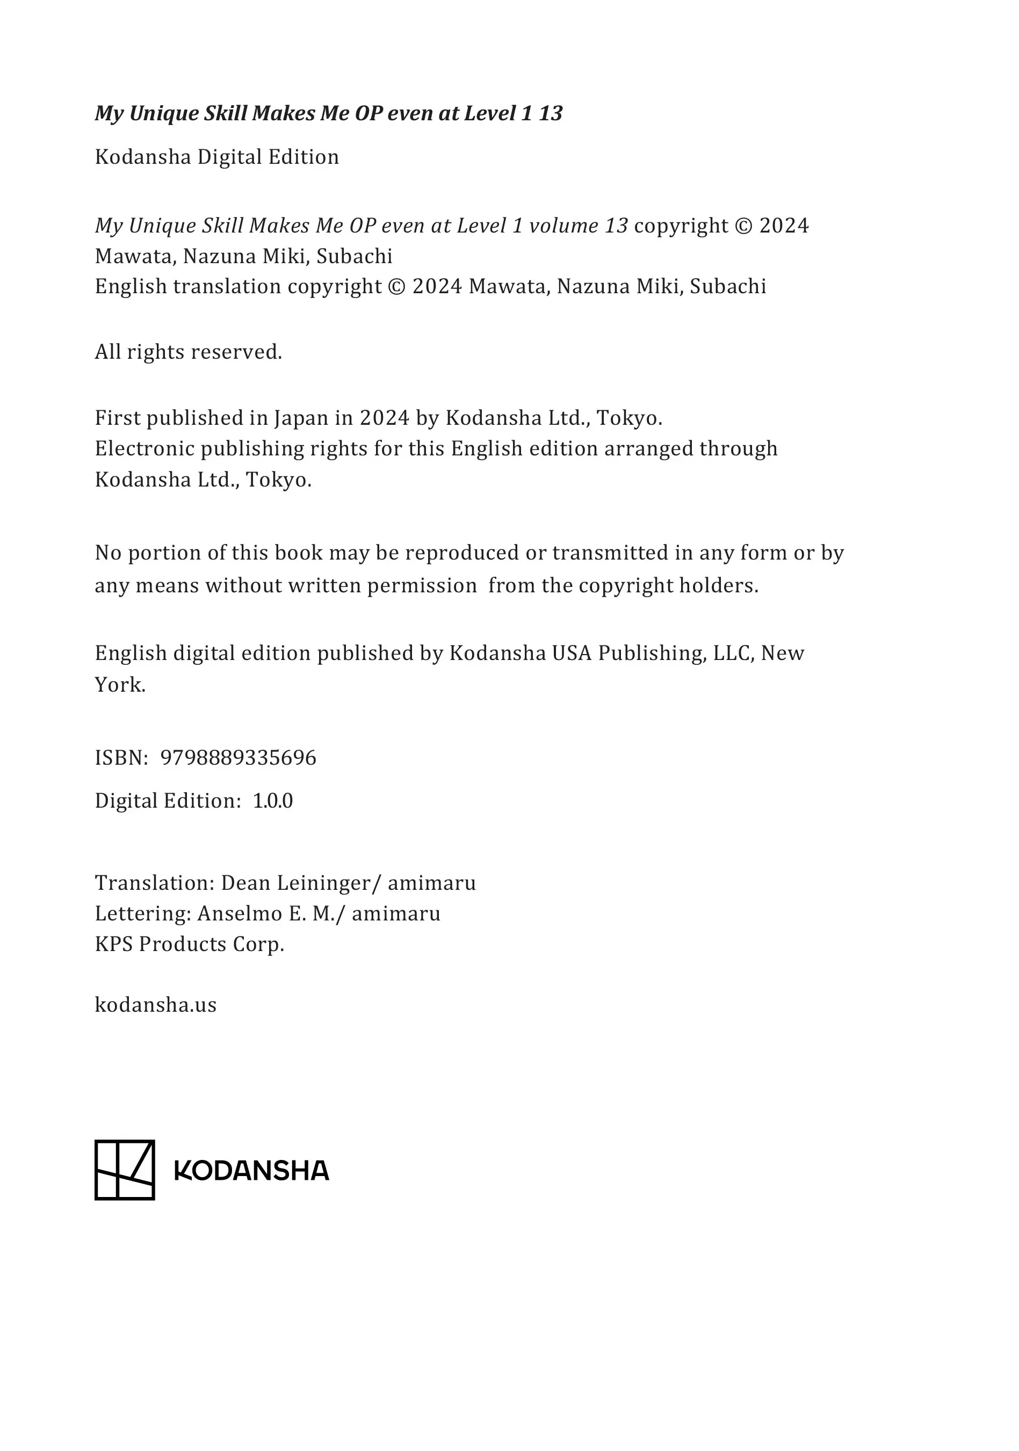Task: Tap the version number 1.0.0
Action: click(272, 801)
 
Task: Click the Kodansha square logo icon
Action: click(125, 1170)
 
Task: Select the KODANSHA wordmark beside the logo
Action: click(251, 1171)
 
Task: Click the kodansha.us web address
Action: click(155, 1004)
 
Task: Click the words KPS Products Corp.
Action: click(190, 944)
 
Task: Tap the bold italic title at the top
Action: click(328, 113)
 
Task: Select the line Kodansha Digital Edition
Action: click(217, 157)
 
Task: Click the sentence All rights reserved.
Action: click(189, 351)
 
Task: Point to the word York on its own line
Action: click(120, 685)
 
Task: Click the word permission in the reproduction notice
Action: click(422, 586)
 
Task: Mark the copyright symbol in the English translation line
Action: click(397, 287)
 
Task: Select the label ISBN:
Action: click(121, 757)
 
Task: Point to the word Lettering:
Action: click(143, 913)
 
